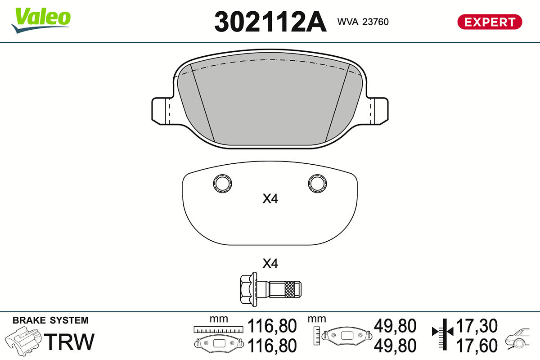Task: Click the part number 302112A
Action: [270, 22]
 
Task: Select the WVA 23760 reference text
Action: [363, 22]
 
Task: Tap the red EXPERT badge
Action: [490, 22]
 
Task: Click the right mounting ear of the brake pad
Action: [379, 111]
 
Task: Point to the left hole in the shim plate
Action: [222, 184]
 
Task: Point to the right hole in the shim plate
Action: [318, 184]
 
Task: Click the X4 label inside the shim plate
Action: [270, 199]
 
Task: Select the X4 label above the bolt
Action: [270, 264]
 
